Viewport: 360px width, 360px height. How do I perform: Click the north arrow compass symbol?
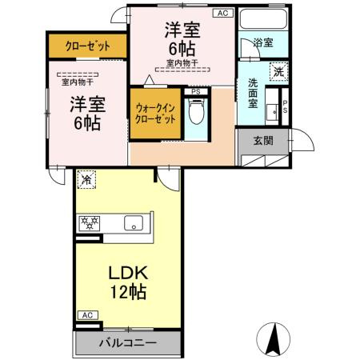[273, 338]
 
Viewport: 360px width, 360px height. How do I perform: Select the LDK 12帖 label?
[128, 282]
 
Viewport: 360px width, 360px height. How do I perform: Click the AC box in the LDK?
[87, 316]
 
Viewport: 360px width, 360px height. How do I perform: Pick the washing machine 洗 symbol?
[278, 70]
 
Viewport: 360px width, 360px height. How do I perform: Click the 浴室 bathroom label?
[262, 42]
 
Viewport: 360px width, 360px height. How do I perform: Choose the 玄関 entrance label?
[262, 140]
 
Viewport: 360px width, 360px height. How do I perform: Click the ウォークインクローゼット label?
[154, 114]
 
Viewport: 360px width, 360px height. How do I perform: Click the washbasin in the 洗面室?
[272, 109]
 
